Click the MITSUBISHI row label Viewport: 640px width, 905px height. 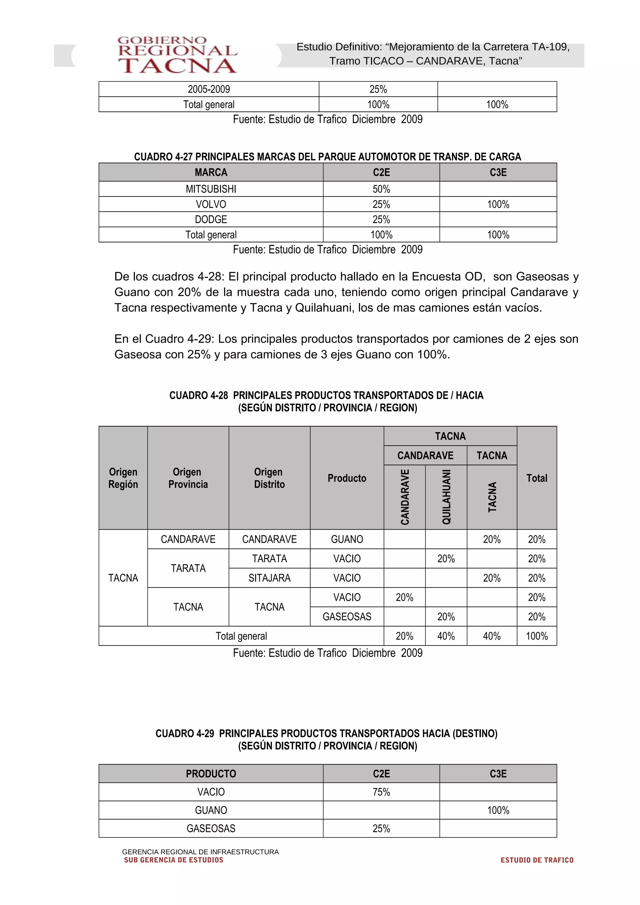[x=211, y=189]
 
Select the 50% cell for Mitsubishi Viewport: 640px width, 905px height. [x=381, y=189]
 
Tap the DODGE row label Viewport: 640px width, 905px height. [x=211, y=220]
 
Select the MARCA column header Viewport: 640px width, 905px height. [x=211, y=173]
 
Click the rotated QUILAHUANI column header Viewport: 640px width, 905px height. [x=446, y=497]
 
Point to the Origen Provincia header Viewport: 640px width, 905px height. [x=188, y=478]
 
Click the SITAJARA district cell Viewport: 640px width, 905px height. [x=269, y=578]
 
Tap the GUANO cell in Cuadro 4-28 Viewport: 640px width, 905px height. [x=347, y=539]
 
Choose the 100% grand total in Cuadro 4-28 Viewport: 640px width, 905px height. [x=536, y=636]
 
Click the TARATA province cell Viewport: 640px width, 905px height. [x=188, y=568]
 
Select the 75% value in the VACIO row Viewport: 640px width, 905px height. [x=381, y=792]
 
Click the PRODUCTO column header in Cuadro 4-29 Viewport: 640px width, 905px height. [x=211, y=774]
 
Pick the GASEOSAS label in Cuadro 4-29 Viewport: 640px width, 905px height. [x=211, y=828]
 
